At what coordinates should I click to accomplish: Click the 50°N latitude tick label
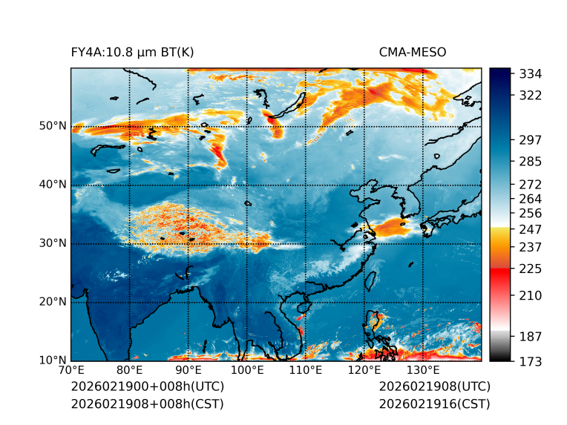coord(53,126)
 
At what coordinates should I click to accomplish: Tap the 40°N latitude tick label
coord(53,185)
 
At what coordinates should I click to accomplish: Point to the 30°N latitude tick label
coord(53,243)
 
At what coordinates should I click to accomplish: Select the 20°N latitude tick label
coord(53,302)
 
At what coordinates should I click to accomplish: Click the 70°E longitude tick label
coord(71,370)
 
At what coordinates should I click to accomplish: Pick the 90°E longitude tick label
coord(189,370)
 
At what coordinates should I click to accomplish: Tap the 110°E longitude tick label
coord(306,370)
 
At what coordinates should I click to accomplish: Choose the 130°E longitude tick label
coord(423,370)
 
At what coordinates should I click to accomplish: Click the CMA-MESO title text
coord(413,52)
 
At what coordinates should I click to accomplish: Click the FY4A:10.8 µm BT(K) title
coord(133,52)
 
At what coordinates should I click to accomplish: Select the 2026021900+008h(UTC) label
coord(147,386)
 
